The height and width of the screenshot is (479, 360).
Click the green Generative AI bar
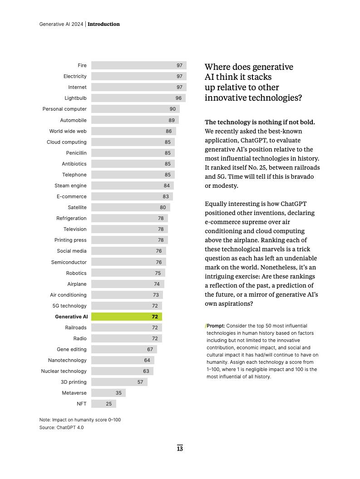pyautogui.click(x=126, y=317)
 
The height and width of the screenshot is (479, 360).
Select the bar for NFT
pyautogui.click(x=104, y=404)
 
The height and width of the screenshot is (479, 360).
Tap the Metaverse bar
pyautogui.click(x=108, y=393)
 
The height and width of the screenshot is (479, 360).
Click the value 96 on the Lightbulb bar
pyautogui.click(x=178, y=98)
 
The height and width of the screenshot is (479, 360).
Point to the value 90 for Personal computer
pyautogui.click(x=173, y=109)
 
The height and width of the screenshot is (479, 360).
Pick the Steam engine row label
pyautogui.click(x=70, y=186)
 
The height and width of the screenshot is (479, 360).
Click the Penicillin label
pyautogui.click(x=76, y=153)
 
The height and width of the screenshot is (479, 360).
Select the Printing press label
pyautogui.click(x=70, y=240)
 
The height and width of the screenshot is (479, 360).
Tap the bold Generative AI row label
pyautogui.click(x=71, y=317)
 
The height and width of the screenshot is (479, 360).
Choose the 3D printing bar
pyautogui.click(x=119, y=382)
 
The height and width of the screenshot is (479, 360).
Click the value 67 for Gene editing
pyautogui.click(x=150, y=349)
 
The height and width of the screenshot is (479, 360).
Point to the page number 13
pyautogui.click(x=180, y=449)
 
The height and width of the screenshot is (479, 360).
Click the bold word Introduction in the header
pyautogui.click(x=104, y=24)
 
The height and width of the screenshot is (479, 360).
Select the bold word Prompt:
pyautogui.click(x=216, y=326)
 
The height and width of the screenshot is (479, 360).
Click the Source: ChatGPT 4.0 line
pyautogui.click(x=61, y=427)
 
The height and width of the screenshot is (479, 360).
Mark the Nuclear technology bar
pyautogui.click(x=122, y=371)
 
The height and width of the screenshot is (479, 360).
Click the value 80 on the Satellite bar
pyautogui.click(x=163, y=207)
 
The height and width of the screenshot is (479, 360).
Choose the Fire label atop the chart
pyautogui.click(x=82, y=65)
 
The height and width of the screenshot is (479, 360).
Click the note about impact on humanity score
pyautogui.click(x=80, y=420)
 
